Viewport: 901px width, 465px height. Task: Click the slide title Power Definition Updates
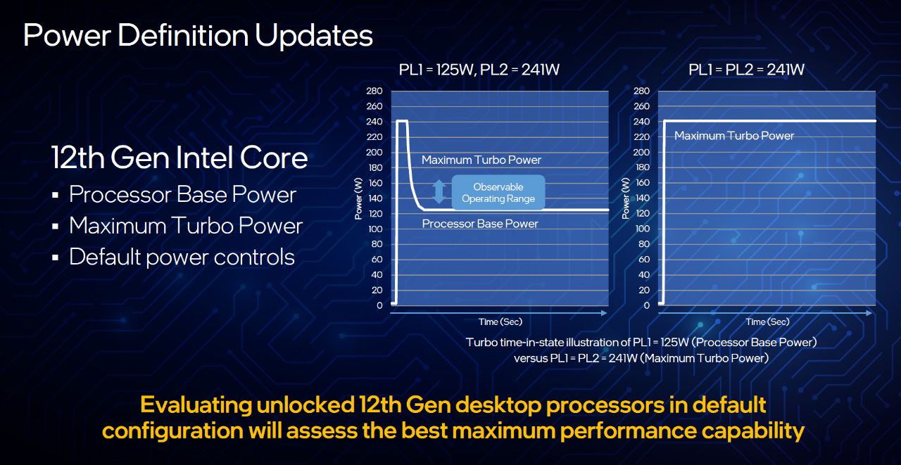click(198, 35)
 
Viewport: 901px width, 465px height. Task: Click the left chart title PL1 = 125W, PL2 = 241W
click(479, 70)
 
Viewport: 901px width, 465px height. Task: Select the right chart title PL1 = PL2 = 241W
click(747, 70)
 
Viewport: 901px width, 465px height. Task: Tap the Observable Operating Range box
click(498, 193)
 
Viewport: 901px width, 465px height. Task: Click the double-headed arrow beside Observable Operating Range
click(439, 191)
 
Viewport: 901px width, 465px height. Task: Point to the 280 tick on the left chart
click(374, 91)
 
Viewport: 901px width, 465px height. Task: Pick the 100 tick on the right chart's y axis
click(643, 229)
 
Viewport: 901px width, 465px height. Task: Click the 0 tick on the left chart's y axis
click(379, 305)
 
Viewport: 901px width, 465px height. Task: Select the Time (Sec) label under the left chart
click(500, 322)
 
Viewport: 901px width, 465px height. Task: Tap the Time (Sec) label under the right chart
click(768, 322)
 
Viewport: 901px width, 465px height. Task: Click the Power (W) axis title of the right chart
click(626, 198)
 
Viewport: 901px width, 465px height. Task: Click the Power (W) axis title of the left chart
click(358, 198)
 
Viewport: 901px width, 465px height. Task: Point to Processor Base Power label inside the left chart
click(480, 224)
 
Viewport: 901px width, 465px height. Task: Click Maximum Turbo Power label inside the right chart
click(734, 136)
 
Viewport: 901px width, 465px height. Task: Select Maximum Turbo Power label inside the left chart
click(481, 160)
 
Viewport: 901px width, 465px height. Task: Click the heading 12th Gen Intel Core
click(179, 158)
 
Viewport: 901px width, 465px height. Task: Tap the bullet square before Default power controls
click(56, 257)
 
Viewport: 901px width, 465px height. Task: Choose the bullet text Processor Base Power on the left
click(182, 195)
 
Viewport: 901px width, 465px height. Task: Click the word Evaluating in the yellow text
click(196, 405)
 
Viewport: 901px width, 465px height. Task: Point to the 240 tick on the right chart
click(641, 122)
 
